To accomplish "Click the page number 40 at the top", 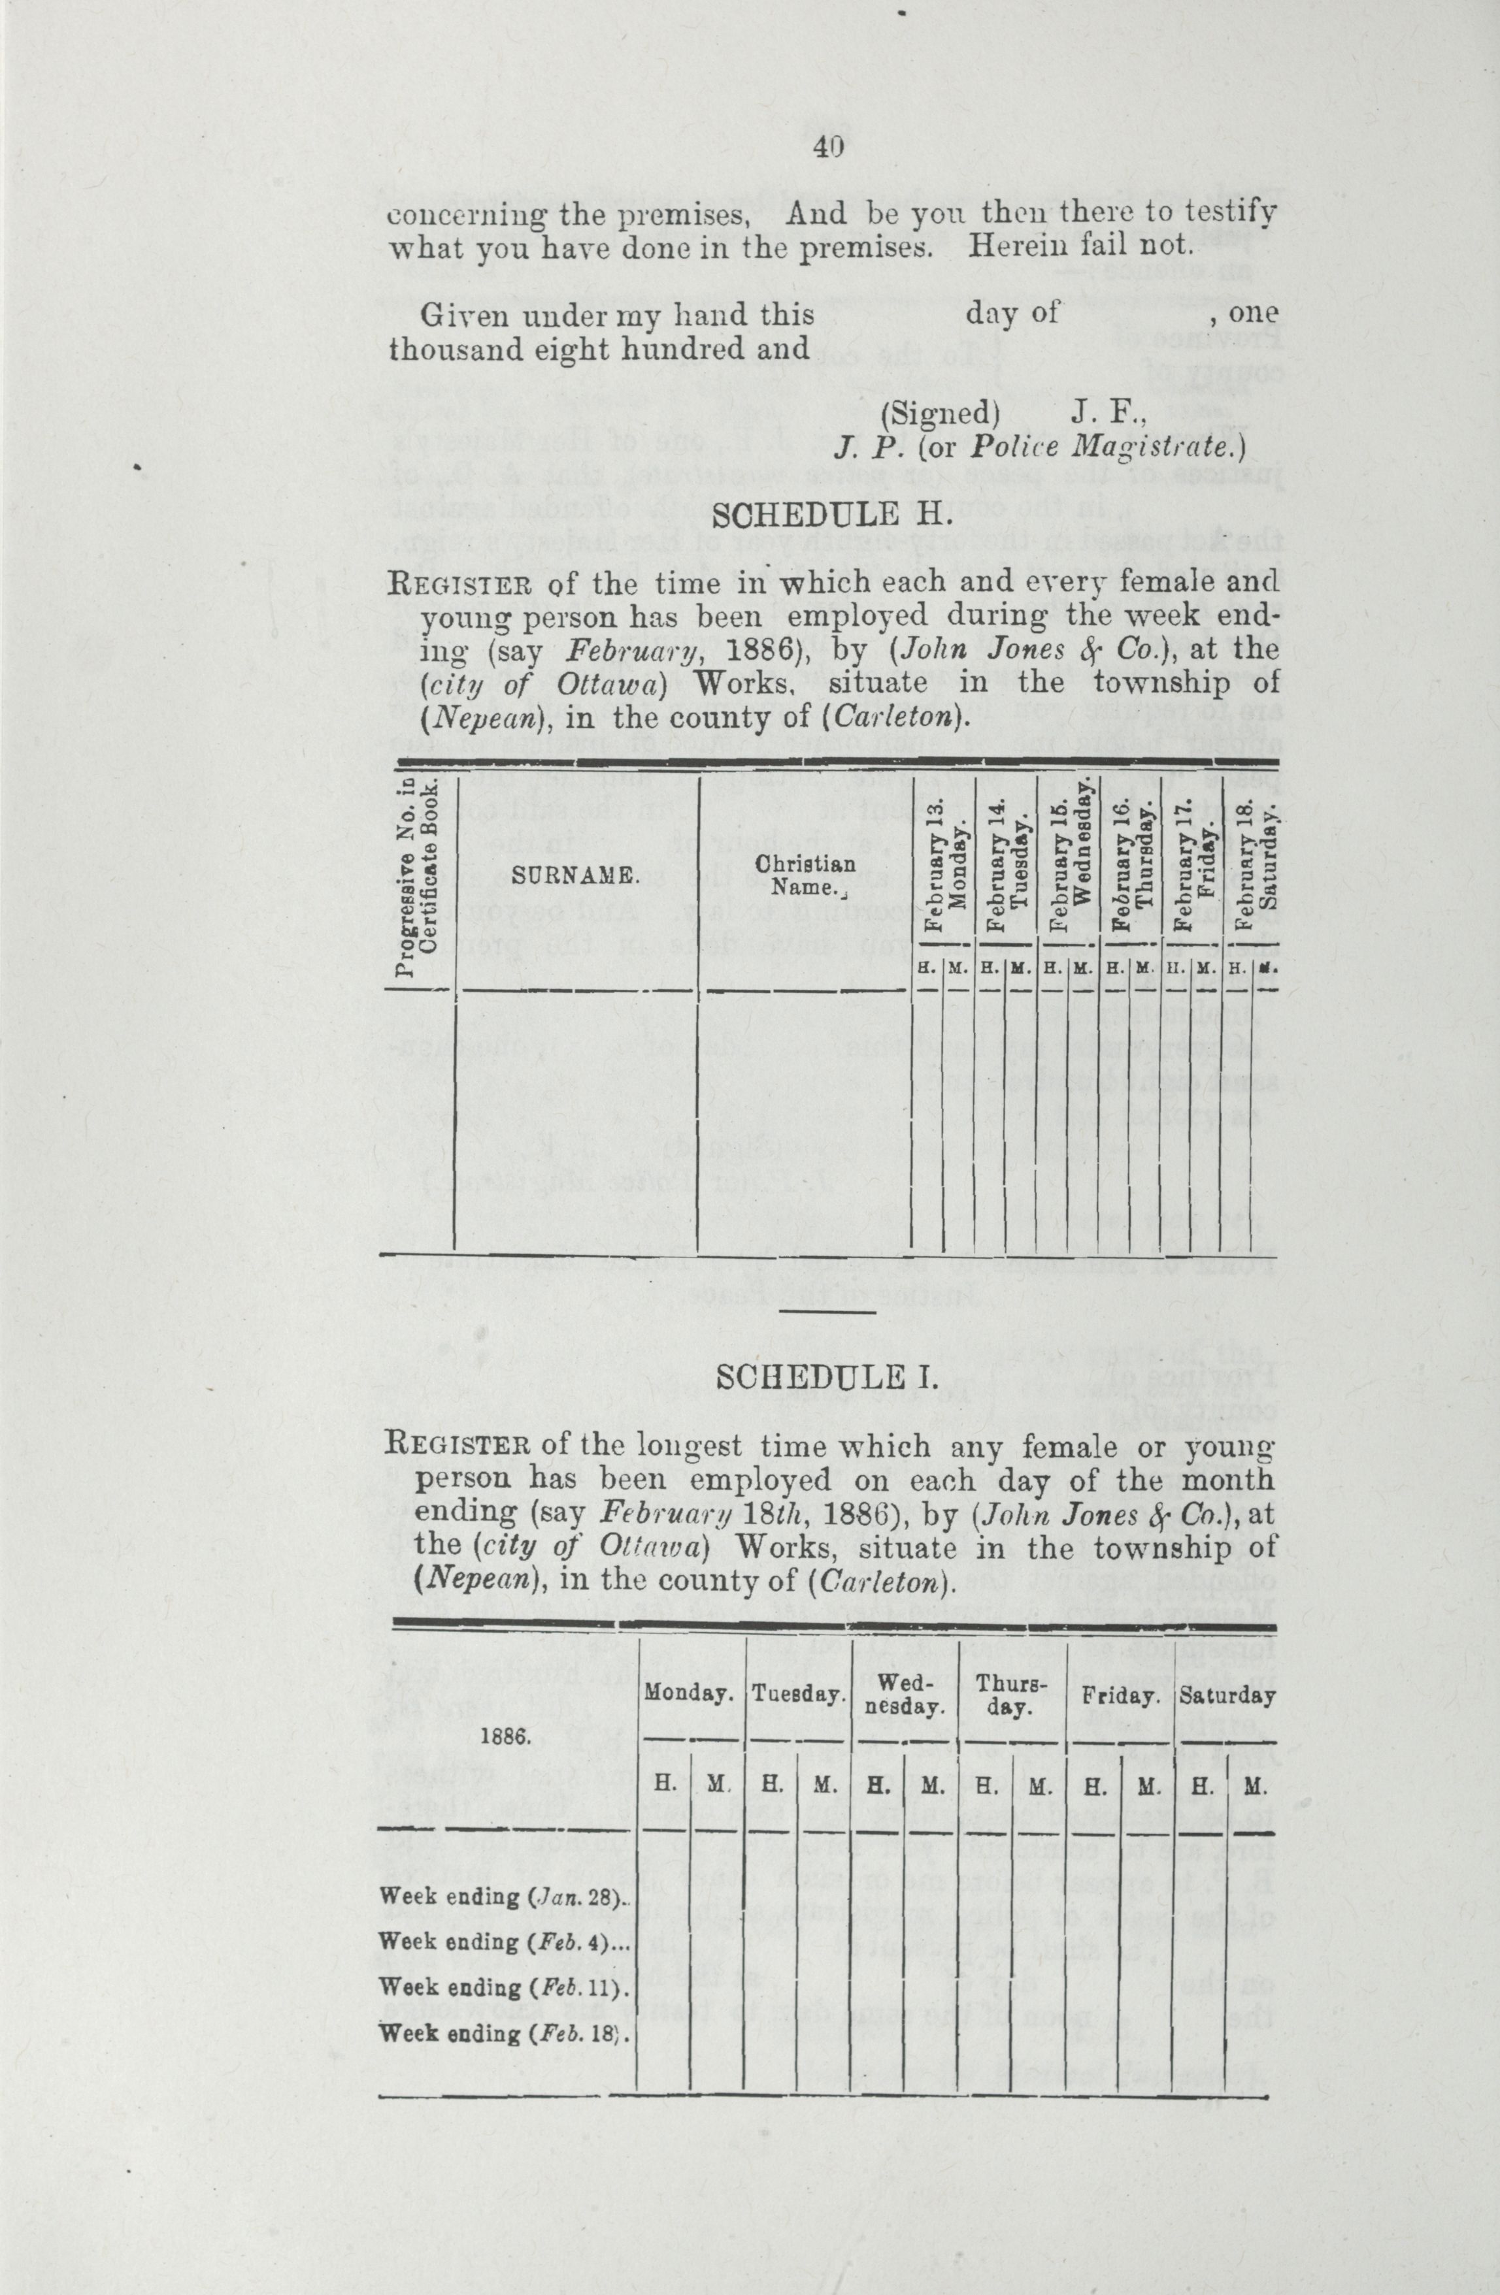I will coord(829,148).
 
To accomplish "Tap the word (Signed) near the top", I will coord(941,414).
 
